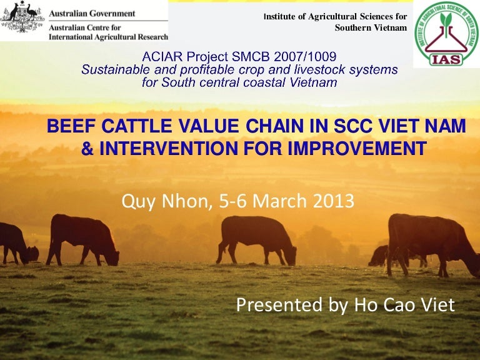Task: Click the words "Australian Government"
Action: coord(92,13)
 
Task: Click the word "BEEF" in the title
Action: coord(68,127)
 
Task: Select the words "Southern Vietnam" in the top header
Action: coord(371,27)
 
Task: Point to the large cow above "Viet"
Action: coord(431,241)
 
